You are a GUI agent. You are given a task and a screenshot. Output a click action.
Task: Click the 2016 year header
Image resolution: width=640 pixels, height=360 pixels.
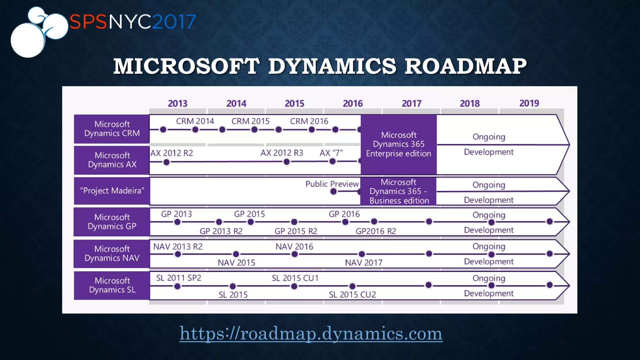(x=353, y=103)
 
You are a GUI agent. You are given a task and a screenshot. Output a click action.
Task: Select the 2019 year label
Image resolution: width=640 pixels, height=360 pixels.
(x=529, y=103)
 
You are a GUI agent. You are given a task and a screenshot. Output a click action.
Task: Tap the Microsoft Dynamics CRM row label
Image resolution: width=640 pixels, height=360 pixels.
(x=112, y=129)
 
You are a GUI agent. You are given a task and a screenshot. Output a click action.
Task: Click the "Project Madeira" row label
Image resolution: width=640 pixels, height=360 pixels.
(x=112, y=191)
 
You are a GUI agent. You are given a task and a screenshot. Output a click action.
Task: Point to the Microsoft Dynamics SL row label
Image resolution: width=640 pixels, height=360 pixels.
(x=112, y=285)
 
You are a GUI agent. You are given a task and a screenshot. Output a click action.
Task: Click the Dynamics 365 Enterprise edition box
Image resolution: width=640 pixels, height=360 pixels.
(x=398, y=144)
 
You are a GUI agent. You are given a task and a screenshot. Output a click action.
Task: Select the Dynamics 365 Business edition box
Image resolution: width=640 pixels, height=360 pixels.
(x=398, y=191)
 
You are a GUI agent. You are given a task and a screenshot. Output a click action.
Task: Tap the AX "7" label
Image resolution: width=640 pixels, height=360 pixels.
(x=331, y=153)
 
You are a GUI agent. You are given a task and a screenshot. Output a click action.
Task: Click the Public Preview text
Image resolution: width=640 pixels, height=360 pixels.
(x=332, y=184)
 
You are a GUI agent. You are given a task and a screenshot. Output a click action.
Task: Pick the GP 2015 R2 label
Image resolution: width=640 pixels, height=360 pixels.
(x=296, y=231)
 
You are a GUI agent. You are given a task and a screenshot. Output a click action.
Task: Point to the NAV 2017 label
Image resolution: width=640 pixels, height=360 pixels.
(x=363, y=263)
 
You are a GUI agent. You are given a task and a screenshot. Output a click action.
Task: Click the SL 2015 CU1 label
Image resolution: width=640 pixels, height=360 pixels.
(x=295, y=278)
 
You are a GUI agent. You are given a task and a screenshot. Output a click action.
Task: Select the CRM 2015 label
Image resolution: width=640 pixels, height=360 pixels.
(x=250, y=121)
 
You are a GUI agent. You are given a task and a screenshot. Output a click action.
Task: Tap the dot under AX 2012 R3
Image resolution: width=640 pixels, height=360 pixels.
(x=286, y=162)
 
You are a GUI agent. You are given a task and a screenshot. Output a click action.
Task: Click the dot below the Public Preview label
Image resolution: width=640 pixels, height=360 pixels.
(x=333, y=192)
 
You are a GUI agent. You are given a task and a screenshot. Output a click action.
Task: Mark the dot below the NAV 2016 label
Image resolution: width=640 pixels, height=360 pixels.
(x=294, y=254)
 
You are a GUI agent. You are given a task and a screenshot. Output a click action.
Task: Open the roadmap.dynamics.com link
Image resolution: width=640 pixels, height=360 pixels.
(x=311, y=333)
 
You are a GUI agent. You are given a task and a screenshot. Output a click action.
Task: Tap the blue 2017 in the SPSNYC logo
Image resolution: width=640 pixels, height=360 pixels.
(x=174, y=22)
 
